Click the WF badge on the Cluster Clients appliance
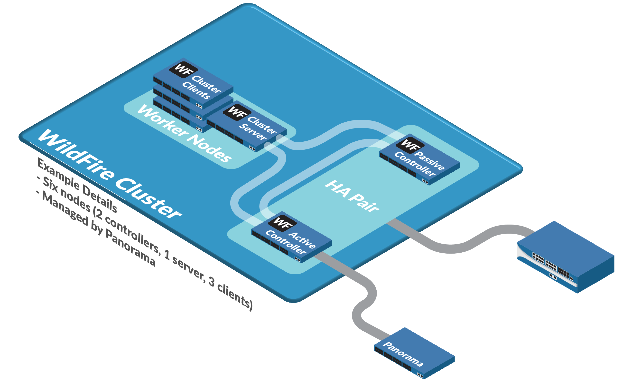[183, 69]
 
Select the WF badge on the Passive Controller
[410, 145]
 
